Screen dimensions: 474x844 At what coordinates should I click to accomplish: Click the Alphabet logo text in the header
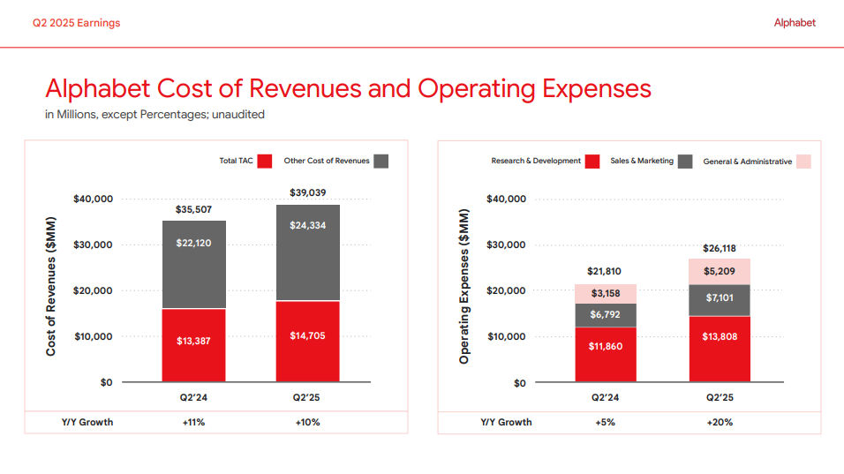(795, 23)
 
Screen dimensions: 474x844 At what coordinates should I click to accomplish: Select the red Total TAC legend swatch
(265, 161)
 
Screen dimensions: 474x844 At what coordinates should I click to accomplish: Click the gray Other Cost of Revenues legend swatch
(381, 161)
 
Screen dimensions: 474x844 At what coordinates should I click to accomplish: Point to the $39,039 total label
(307, 192)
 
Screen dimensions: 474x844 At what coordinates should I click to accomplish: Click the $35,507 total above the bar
(193, 209)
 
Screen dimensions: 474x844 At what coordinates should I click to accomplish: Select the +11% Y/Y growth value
(193, 422)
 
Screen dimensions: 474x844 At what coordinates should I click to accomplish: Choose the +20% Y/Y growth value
(720, 422)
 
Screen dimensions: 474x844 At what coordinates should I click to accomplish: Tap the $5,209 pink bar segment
(720, 271)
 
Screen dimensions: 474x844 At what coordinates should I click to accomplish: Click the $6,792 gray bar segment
(606, 315)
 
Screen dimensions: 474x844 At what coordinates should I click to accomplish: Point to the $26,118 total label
(720, 249)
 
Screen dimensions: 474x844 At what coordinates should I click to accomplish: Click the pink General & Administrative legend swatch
(803, 162)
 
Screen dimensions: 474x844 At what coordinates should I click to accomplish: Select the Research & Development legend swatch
(592, 162)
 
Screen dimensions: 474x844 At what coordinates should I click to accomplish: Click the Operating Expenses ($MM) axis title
(464, 287)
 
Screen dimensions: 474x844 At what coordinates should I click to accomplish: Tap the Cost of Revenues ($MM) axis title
(51, 287)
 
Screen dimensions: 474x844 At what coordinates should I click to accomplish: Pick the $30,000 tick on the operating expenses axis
(506, 245)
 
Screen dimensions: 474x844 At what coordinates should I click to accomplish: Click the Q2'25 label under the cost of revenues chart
(307, 397)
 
